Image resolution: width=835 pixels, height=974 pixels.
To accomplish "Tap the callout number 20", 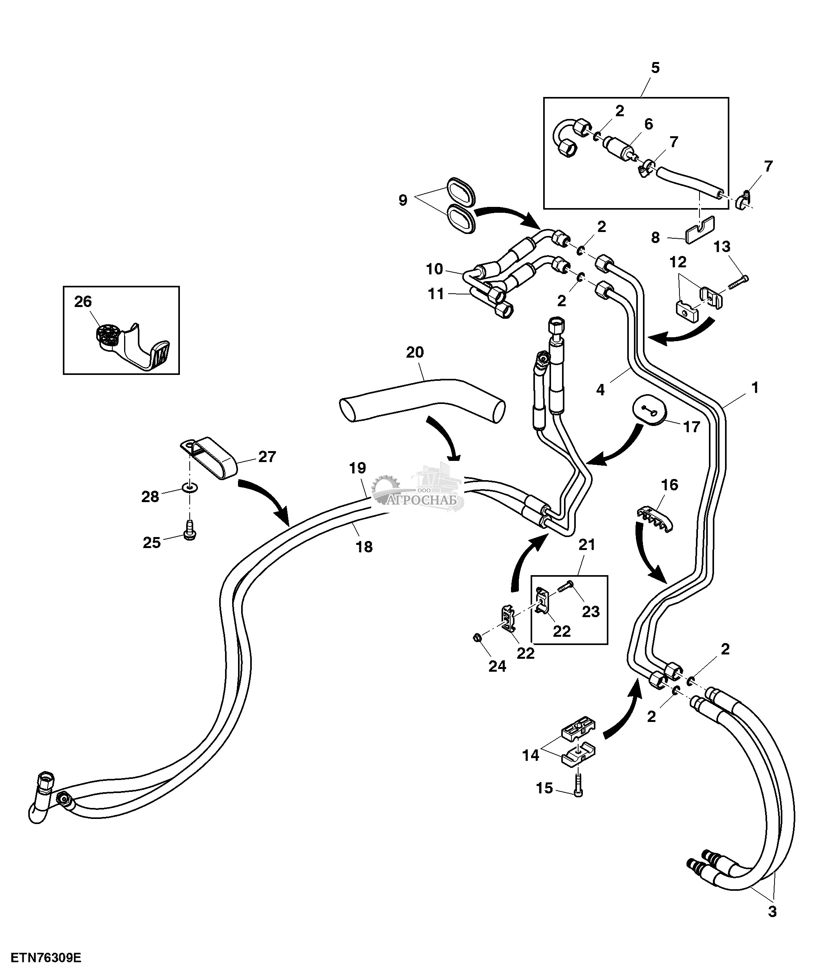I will [415, 352].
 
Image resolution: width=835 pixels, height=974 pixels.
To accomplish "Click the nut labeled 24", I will [476, 638].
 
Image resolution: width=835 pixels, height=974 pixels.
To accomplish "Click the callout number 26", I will [83, 302].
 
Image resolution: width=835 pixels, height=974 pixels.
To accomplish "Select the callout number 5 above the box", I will [655, 68].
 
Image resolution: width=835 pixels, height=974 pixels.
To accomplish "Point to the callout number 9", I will [403, 200].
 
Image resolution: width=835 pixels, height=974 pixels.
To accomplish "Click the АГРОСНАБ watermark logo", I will [418, 491].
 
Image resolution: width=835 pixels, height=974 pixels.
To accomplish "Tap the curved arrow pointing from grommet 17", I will [616, 447].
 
